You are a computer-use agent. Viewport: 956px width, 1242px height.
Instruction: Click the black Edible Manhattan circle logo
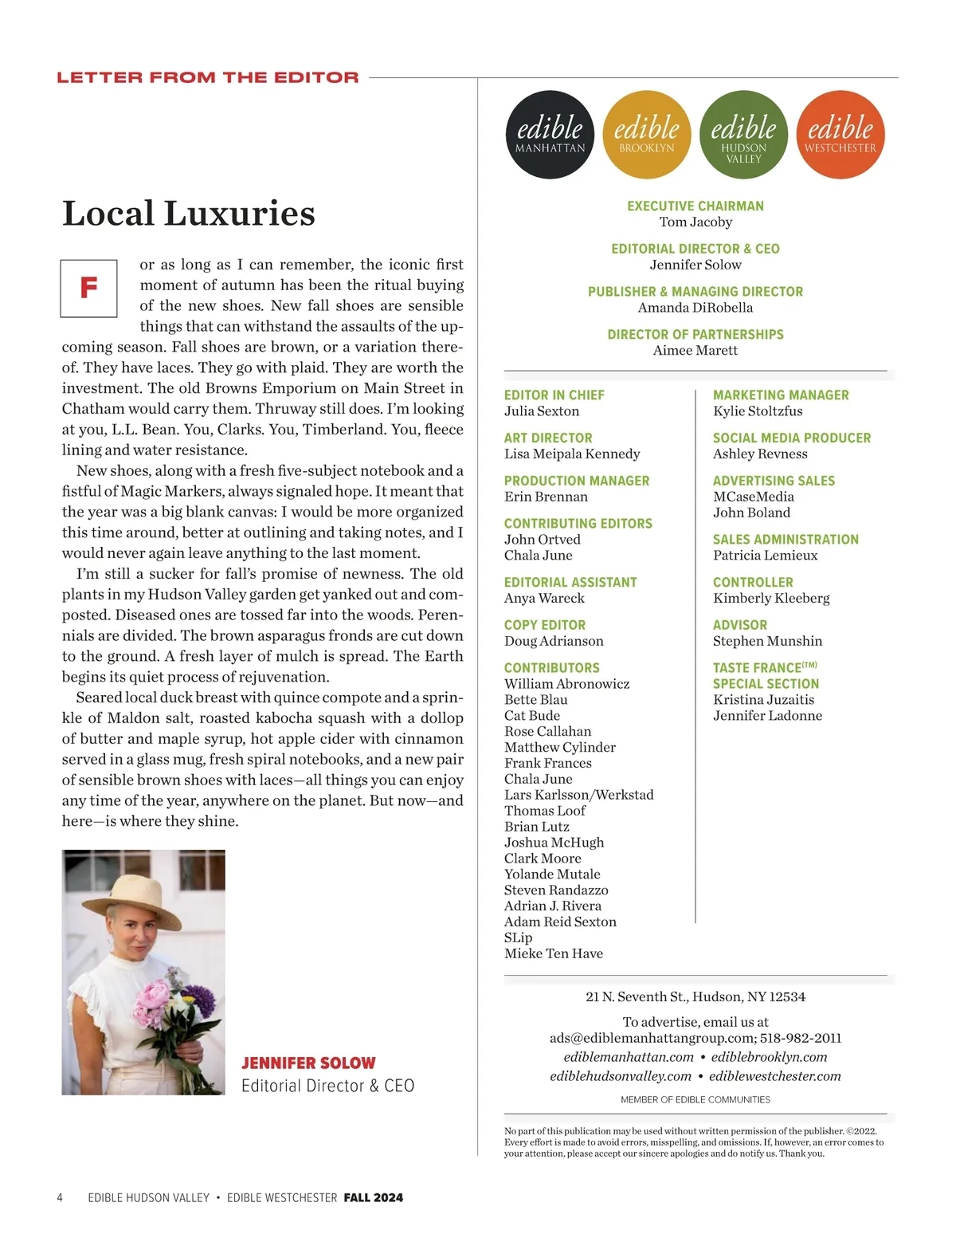coord(550,135)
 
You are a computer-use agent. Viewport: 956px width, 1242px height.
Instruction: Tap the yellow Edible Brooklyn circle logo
coord(647,135)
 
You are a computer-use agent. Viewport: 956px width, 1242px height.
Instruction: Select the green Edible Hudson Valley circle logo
coord(743,135)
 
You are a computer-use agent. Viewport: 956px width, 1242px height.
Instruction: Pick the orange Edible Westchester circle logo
coord(840,135)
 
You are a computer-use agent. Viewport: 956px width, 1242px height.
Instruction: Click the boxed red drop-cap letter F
coord(89,288)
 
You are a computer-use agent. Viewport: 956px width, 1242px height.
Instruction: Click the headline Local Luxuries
coord(189,214)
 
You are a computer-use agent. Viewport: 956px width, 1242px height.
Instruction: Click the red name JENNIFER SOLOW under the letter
coord(308,1063)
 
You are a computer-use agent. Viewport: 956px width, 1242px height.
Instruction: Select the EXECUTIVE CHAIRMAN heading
coord(695,206)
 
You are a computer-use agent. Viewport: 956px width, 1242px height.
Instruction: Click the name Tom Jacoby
coord(695,222)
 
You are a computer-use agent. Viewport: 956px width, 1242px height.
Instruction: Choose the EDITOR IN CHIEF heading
coord(554,395)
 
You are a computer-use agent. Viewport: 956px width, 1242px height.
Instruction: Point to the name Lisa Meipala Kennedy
coord(572,454)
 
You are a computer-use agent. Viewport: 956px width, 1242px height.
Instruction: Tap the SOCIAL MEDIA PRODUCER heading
coord(792,438)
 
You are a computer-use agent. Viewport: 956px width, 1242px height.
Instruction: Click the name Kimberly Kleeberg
coord(771,598)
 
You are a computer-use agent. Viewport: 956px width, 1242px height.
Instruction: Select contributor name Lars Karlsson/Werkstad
coord(578,795)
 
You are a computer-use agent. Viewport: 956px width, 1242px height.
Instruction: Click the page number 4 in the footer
coord(60,1197)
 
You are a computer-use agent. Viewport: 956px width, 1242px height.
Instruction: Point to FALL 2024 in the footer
coord(374,1197)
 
